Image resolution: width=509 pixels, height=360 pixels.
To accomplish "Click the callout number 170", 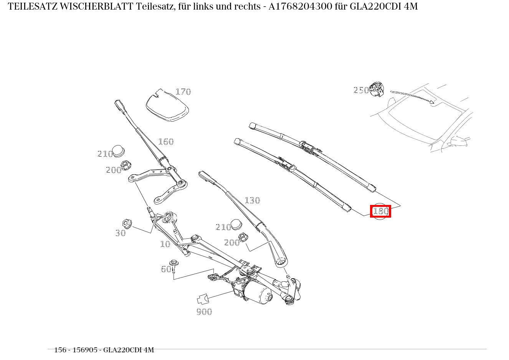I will tap(183, 92).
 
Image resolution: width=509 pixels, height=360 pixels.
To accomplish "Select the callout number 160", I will tap(166, 142).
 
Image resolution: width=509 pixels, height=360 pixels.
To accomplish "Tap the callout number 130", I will tap(252, 200).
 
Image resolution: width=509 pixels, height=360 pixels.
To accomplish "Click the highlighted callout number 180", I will tap(380, 211).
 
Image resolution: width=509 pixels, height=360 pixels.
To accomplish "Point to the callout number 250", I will tap(361, 90).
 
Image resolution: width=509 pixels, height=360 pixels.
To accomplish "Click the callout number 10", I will tap(165, 244).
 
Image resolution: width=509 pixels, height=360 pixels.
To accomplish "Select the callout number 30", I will tap(121, 233).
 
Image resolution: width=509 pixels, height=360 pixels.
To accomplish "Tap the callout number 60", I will tap(166, 269).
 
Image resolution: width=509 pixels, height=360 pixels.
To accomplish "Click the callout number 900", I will tap(204, 312).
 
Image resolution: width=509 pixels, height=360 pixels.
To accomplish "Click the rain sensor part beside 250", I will tap(377, 89).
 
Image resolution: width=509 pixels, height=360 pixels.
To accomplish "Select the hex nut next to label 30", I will tap(127, 223).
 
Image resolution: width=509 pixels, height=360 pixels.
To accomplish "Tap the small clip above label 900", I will tap(203, 299).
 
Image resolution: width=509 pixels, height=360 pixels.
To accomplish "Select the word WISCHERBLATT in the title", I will tap(96, 7).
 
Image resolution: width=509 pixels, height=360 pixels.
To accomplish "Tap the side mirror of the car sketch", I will tap(458, 142).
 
